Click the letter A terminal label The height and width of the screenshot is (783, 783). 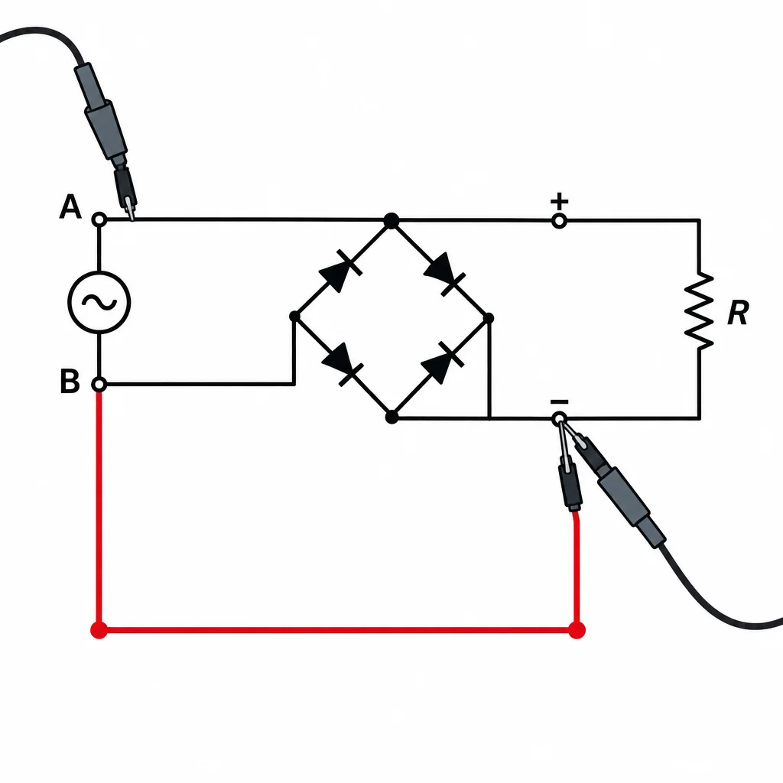(70, 206)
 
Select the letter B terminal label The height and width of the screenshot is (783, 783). (70, 381)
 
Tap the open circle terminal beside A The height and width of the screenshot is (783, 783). (99, 219)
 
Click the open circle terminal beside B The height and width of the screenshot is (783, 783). (99, 385)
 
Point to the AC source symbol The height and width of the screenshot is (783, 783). (99, 302)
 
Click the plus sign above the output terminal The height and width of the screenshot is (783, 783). (559, 202)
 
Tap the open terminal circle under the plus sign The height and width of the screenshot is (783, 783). (559, 221)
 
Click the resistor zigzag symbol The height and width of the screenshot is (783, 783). (699, 310)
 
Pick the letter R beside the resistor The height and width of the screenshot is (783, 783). (738, 313)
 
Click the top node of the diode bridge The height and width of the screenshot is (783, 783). (391, 220)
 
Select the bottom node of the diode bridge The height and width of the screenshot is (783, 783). (392, 417)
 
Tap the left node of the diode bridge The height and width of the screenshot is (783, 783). (294, 316)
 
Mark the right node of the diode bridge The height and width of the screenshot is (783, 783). (489, 317)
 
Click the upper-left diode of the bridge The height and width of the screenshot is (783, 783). (341, 270)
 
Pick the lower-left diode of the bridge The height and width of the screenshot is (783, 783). (343, 364)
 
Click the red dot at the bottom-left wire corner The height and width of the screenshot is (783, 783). (99, 630)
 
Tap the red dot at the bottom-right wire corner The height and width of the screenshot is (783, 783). (577, 630)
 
